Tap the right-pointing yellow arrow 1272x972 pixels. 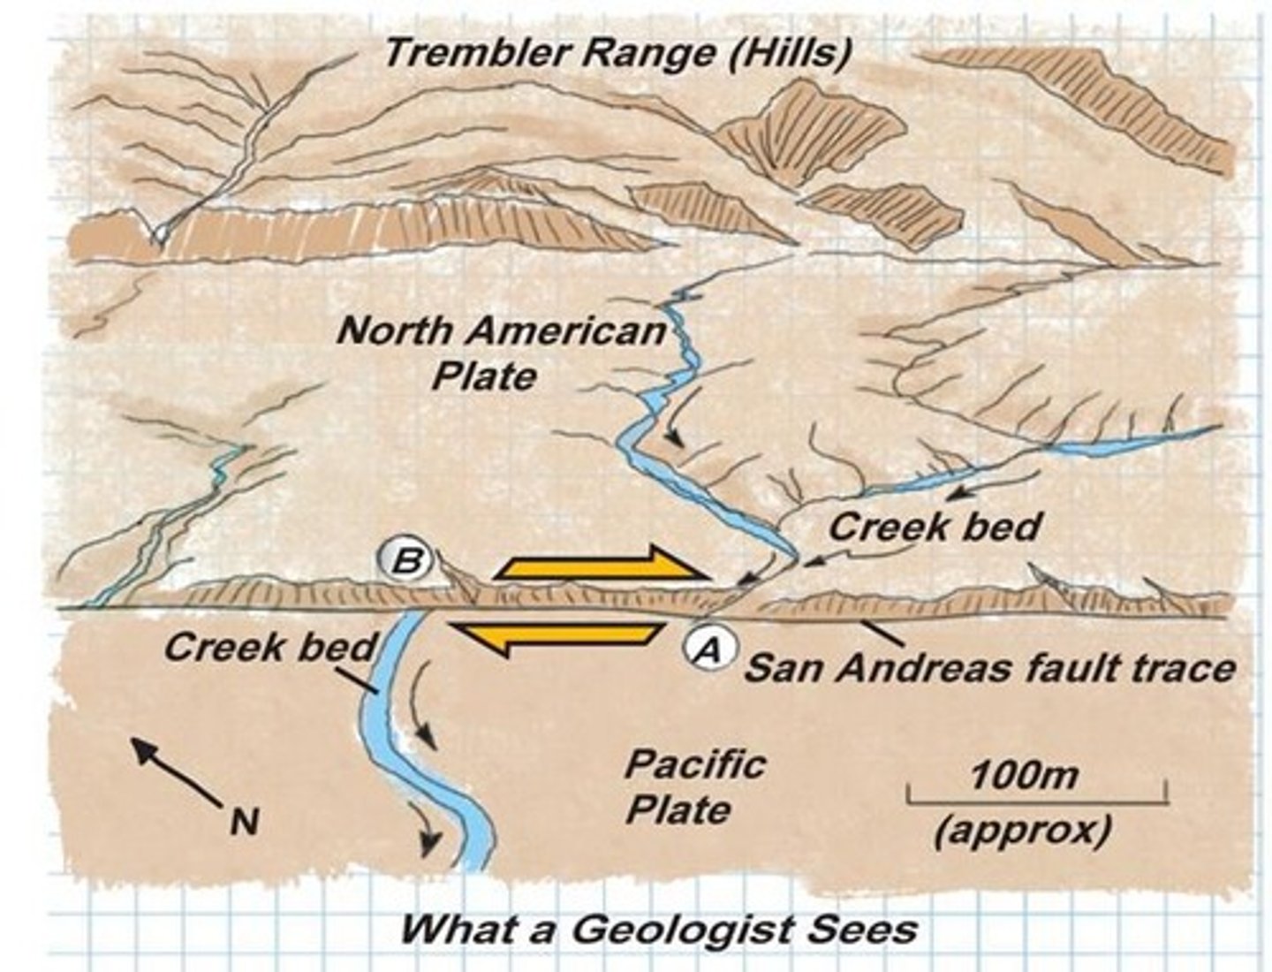(x=603, y=565)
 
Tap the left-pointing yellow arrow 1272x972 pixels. (x=556, y=636)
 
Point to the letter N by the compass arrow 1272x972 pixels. (x=245, y=822)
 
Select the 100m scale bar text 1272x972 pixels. (x=1024, y=776)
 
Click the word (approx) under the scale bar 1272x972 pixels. (x=1024, y=831)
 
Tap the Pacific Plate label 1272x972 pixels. (x=693, y=786)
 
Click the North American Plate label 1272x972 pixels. (x=501, y=353)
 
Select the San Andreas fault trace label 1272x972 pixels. (x=989, y=667)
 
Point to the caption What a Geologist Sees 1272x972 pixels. (x=658, y=929)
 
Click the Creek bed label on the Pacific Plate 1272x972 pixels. (x=269, y=648)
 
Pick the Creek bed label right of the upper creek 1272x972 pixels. (x=935, y=528)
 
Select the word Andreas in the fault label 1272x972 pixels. (x=940, y=667)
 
